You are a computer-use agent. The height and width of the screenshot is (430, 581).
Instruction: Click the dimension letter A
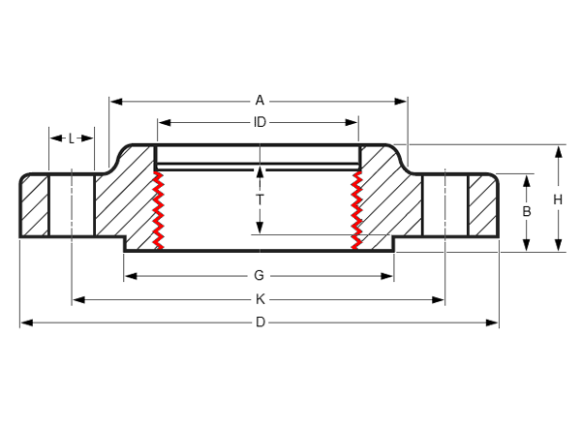pos(260,100)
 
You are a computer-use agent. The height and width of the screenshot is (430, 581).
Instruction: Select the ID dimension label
pos(260,122)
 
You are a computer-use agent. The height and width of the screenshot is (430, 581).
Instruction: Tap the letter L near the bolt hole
pos(72,138)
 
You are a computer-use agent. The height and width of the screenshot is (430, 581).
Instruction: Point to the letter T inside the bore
pos(260,200)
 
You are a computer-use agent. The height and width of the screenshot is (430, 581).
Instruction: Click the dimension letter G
pos(260,276)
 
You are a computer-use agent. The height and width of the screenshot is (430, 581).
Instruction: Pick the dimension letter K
pos(260,299)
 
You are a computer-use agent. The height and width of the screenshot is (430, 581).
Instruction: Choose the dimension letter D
pos(260,322)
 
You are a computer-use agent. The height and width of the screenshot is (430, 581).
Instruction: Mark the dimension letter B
pos(527,211)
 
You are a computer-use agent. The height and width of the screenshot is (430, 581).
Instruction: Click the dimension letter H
pos(558,200)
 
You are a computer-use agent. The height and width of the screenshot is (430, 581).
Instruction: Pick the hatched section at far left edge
pos(36,205)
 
